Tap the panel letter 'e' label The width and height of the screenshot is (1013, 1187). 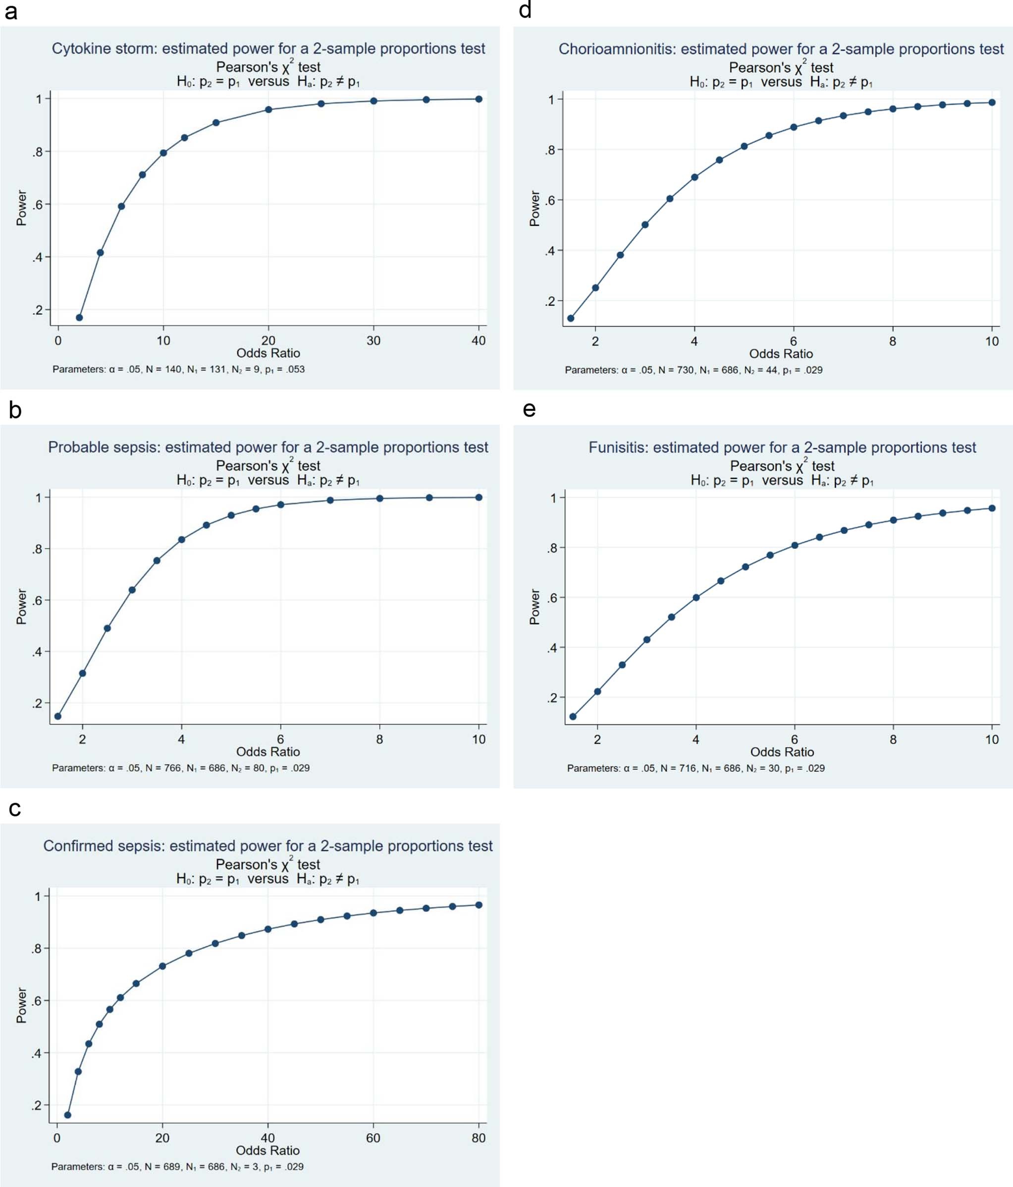click(529, 409)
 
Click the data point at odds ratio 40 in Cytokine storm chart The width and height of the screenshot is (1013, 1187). click(479, 99)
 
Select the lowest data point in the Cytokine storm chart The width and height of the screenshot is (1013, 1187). click(80, 317)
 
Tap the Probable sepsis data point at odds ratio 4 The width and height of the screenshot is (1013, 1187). click(181, 540)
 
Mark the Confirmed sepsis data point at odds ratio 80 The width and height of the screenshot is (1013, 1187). click(479, 905)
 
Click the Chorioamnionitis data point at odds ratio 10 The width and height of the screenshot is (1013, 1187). click(992, 103)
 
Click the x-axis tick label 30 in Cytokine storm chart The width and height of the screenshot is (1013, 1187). click(373, 341)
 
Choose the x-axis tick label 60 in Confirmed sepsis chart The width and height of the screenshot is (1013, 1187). click(373, 1138)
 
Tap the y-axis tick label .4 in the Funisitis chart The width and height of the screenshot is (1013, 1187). click(551, 648)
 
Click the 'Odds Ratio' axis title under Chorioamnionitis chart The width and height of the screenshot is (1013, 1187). click(781, 354)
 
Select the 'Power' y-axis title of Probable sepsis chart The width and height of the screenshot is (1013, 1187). click(21, 606)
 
